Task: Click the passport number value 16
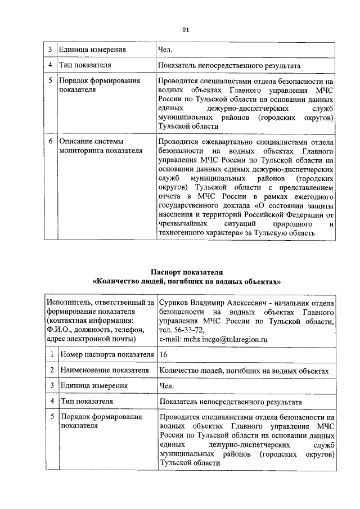[164, 355]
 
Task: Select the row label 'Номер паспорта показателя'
[106, 355]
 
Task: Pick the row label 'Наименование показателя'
[104, 370]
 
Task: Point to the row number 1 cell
[51, 355]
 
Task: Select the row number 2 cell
[51, 370]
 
